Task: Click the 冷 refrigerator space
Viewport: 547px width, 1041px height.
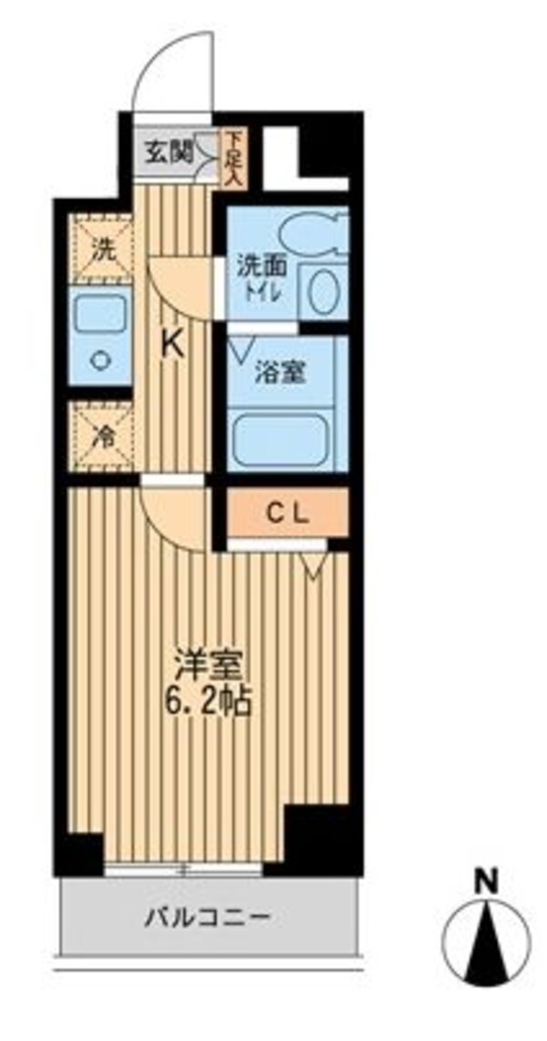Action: tap(105, 435)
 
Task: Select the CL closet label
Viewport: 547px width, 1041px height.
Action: tap(287, 513)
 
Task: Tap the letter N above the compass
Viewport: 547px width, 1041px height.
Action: tap(488, 882)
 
